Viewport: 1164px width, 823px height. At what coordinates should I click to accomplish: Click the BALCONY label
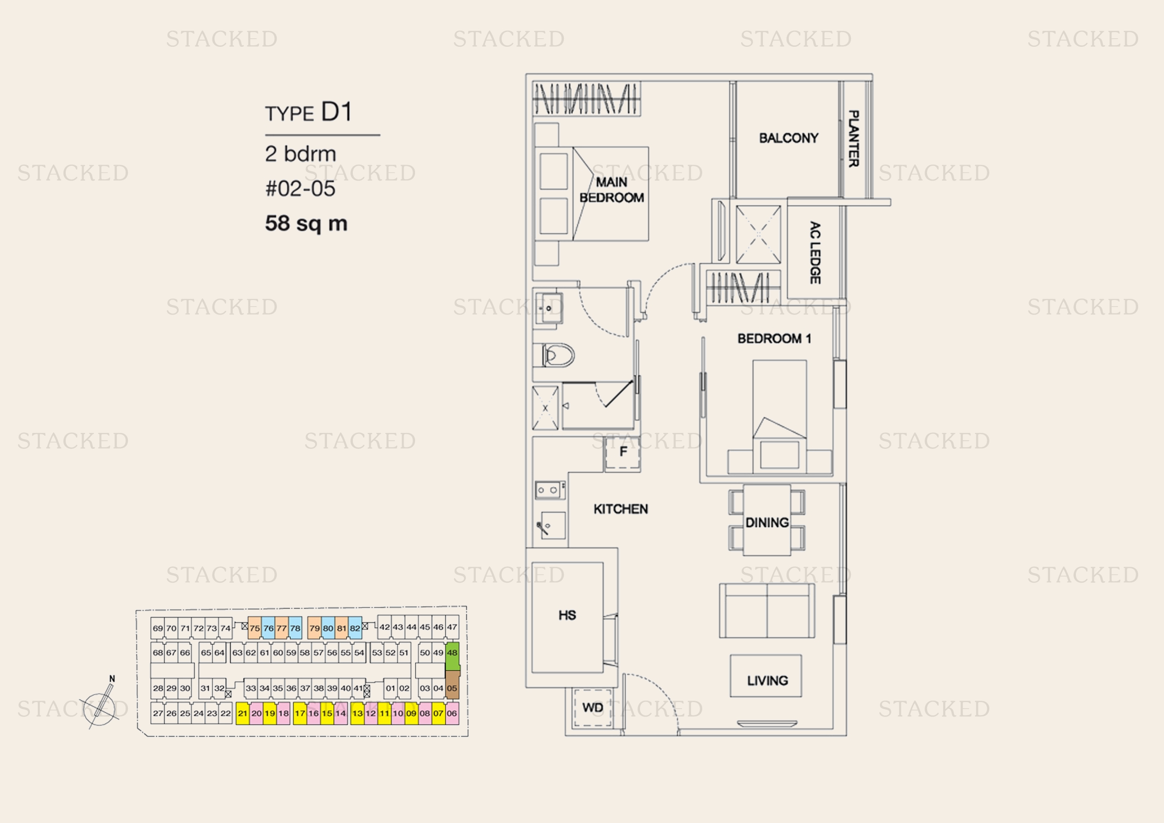[788, 138]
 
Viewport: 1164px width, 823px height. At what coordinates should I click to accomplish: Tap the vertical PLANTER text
[854, 139]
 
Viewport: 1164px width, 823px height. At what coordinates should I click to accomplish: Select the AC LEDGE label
[815, 252]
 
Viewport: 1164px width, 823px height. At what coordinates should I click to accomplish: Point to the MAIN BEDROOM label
[612, 190]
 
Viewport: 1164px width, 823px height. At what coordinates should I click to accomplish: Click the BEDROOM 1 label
[774, 338]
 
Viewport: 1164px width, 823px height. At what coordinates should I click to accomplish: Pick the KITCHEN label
[621, 509]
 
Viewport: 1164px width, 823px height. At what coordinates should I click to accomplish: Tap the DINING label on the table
[767, 522]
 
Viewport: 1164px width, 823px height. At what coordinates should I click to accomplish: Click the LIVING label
[767, 681]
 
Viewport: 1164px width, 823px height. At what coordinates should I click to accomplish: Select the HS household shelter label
[567, 615]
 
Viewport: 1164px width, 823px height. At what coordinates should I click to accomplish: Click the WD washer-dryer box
[592, 708]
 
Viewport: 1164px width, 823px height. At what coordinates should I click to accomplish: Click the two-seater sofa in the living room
[767, 610]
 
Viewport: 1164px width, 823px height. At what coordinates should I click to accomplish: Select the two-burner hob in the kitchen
[550, 490]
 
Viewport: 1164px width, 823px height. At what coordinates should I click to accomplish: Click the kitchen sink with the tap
[551, 525]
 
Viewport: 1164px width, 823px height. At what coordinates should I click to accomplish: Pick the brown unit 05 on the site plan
[452, 685]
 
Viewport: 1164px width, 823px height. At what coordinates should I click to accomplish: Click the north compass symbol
[102, 703]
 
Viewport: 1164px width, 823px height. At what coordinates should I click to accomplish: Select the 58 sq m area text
[306, 223]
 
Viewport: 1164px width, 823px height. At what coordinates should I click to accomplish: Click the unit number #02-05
[300, 189]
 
